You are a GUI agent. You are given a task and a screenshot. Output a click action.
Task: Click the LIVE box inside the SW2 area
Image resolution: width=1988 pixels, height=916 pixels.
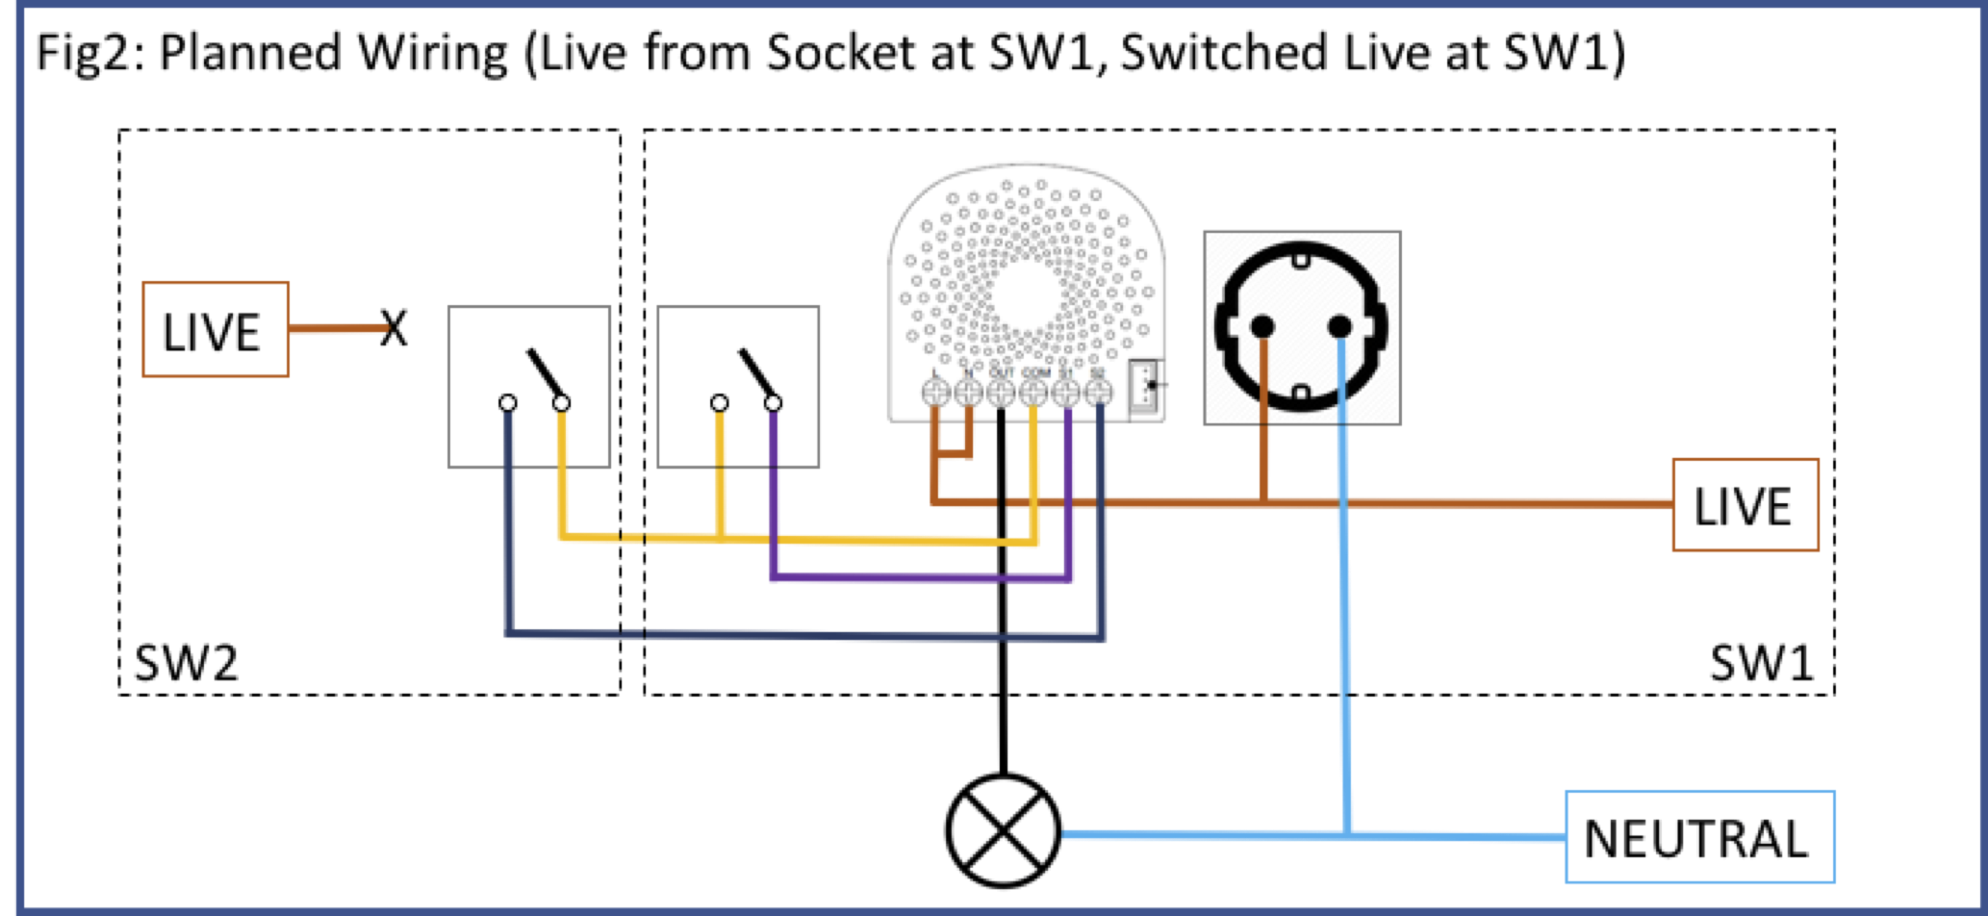215,330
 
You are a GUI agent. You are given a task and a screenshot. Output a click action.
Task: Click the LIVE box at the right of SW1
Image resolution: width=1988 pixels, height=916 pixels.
1745,505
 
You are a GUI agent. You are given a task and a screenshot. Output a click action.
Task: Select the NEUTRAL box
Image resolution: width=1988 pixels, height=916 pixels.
1698,837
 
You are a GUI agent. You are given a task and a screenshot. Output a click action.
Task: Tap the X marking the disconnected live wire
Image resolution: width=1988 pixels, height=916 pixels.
394,328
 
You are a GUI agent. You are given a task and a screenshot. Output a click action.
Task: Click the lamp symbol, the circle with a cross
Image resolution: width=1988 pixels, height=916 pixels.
1003,830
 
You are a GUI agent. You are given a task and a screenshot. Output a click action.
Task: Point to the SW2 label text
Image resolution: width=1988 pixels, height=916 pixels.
186,663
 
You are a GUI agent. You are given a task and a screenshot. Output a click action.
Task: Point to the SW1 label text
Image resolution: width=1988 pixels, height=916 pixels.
1760,663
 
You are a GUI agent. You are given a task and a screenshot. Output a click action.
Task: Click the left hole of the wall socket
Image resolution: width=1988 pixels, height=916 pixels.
1262,327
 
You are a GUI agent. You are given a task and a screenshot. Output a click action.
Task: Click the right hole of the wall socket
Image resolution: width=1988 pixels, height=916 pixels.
1339,327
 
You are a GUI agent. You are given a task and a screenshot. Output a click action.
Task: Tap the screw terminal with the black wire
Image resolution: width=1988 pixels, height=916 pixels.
1001,393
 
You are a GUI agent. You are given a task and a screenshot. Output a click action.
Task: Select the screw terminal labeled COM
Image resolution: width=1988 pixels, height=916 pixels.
1033,393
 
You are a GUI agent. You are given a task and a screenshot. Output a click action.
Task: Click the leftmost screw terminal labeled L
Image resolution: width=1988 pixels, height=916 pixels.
935,393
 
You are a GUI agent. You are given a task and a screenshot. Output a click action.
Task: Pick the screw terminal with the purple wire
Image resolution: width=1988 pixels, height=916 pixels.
1066,393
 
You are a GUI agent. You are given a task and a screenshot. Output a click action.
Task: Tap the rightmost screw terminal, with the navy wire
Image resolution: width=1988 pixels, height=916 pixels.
1099,393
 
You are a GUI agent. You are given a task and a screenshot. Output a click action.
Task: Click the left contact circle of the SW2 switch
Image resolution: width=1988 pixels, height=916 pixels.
508,402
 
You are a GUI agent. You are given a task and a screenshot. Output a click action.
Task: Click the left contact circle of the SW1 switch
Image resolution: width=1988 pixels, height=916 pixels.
719,402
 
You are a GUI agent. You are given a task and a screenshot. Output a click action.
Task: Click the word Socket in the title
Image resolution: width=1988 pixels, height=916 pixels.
840,52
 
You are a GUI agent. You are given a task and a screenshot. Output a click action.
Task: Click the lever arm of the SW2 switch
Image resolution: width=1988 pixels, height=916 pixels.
545,374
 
